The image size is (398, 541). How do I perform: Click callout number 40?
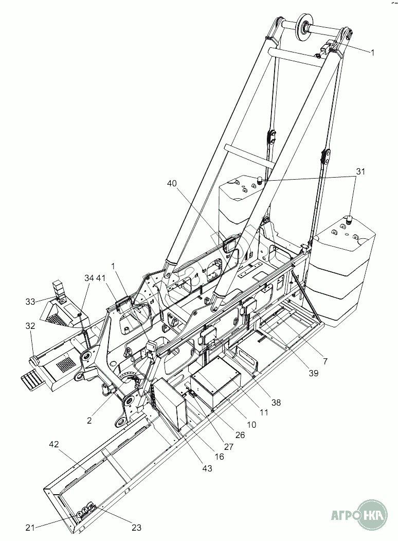[x=172, y=184]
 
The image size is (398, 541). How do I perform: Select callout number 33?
[x=30, y=302]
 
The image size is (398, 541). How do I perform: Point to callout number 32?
[x=30, y=325]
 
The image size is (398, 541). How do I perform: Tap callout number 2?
[x=89, y=421]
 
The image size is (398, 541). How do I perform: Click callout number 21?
[x=30, y=527]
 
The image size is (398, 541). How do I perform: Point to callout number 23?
[x=136, y=527]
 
